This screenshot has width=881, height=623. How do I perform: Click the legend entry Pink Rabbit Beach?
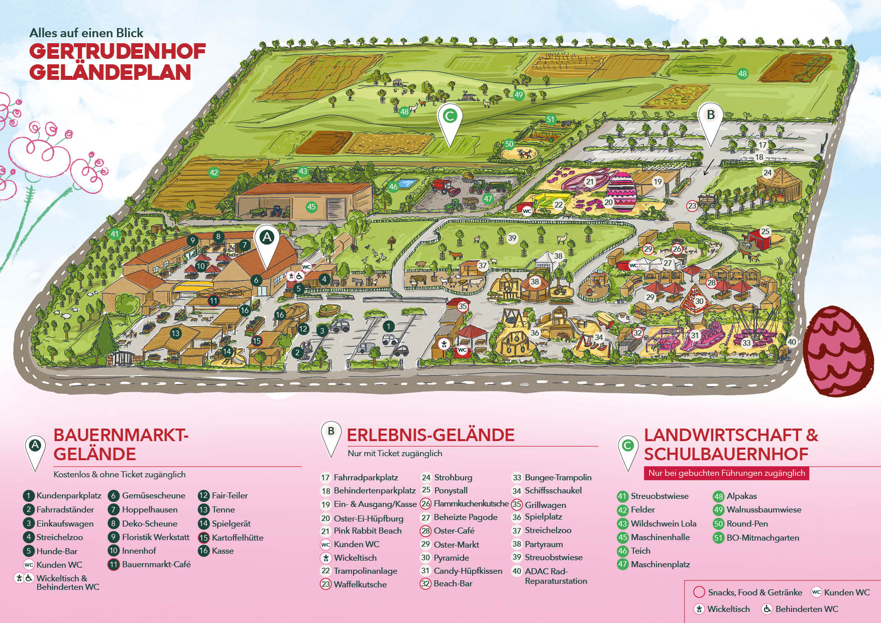367,531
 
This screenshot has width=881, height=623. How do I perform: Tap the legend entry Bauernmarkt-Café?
156,564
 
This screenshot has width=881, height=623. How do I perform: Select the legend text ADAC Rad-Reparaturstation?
556,576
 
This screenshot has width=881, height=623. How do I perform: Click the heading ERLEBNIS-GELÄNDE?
430,435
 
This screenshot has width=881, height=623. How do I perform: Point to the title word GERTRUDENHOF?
118,51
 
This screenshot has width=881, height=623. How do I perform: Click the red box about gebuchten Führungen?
726,473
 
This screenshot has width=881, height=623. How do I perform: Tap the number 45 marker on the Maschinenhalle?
311,206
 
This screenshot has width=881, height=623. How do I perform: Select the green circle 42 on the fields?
214,172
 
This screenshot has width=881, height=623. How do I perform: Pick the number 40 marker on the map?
792,342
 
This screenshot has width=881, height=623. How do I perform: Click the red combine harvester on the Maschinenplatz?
445,187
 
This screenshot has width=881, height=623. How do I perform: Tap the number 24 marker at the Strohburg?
767,172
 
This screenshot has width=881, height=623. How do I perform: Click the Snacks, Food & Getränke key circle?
699,592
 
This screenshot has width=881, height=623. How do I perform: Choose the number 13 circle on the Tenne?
175,333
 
